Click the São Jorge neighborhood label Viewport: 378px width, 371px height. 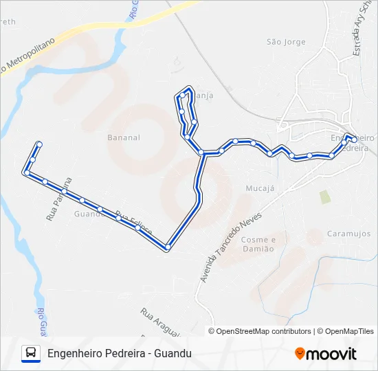pyautogui.click(x=285, y=42)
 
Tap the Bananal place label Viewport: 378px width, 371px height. pyautogui.click(x=124, y=137)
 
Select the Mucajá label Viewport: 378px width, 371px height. pyautogui.click(x=260, y=187)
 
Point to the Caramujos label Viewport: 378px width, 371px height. pyautogui.click(x=348, y=234)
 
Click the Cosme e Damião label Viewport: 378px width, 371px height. pyautogui.click(x=258, y=244)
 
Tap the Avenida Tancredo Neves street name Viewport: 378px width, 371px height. pyautogui.click(x=231, y=237)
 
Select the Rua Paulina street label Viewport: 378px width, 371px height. pyautogui.click(x=59, y=199)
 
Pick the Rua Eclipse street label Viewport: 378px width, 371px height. pyautogui.click(x=133, y=223)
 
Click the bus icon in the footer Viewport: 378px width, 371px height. pyautogui.click(x=31, y=353)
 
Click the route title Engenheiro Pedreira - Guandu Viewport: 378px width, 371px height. pyautogui.click(x=120, y=353)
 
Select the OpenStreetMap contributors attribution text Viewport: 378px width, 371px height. pyautogui.click(x=264, y=331)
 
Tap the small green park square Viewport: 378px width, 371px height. pyautogui.click(x=324, y=197)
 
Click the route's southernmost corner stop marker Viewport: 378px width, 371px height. pyautogui.click(x=168, y=247)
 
